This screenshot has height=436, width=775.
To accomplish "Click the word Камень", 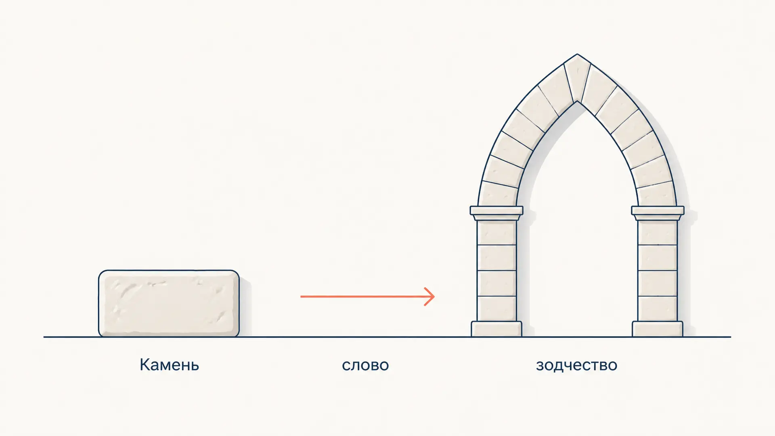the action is pos(169,365).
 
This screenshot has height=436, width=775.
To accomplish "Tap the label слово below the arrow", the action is pos(365,365).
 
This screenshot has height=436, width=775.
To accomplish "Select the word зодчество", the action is pos(576,365).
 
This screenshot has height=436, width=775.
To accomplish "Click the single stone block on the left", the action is pos(169,303).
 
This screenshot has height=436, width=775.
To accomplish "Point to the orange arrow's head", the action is pos(430,296).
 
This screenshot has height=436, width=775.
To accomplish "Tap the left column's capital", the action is pos(496,213).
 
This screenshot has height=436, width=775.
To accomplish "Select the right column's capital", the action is pos(658,213).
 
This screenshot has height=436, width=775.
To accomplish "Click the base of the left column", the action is pos(496,329).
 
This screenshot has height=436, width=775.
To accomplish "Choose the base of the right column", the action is pos(658,329).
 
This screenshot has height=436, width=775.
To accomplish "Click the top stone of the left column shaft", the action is pos(496,233).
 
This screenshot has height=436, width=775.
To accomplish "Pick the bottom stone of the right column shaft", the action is pos(658,309).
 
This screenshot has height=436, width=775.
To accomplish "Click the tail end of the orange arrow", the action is pos(301,296).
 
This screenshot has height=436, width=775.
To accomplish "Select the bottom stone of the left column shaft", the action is pos(496,309).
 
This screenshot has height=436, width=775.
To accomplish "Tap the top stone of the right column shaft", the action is pos(658,233).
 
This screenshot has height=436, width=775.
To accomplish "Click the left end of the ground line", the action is pos(44,337).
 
